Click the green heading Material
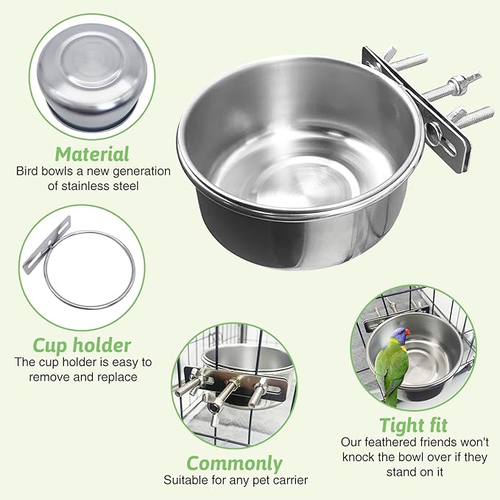pos(92,154)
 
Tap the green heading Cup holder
pos(82,345)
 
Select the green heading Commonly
pos(234,463)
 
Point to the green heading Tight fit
pos(413,425)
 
